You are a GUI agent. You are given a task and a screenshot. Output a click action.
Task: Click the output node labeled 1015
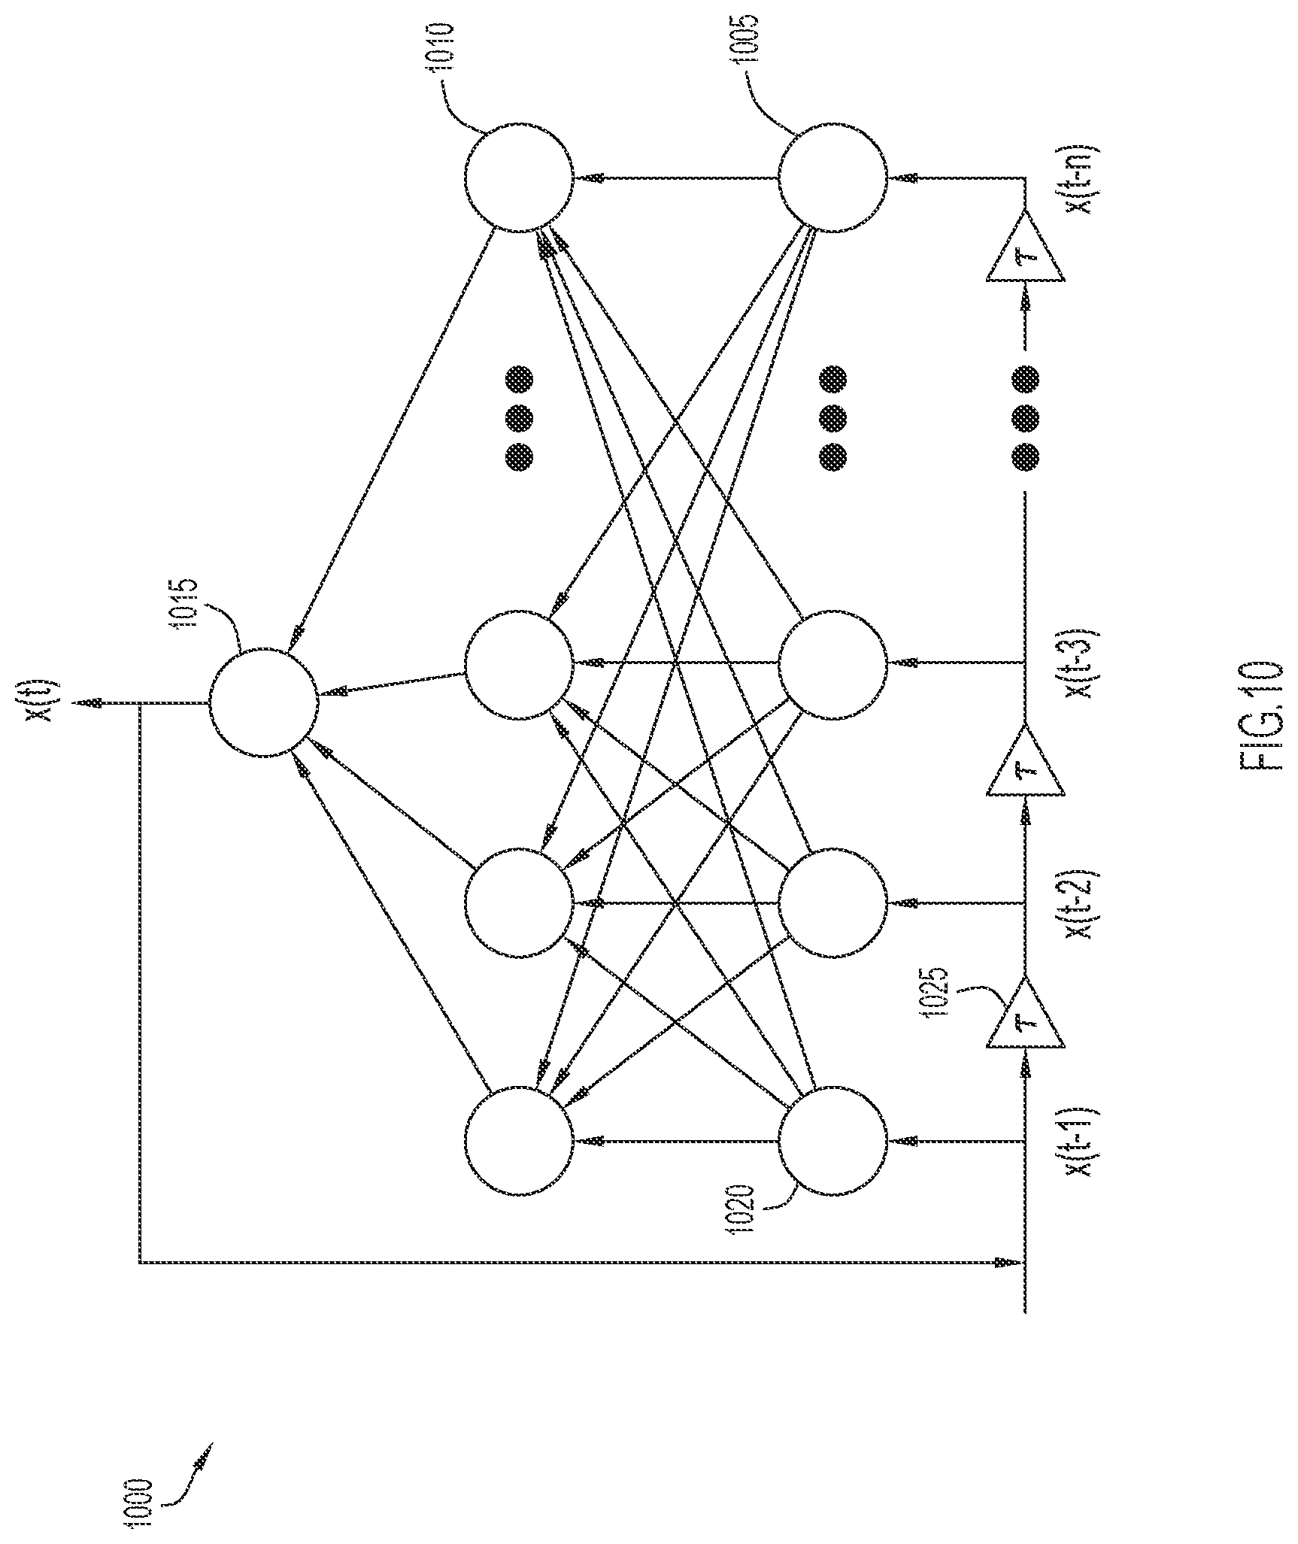click(x=263, y=703)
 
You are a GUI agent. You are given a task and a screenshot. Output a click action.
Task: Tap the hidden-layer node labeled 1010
click(x=519, y=178)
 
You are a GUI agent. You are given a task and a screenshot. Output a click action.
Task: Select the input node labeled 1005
click(x=832, y=178)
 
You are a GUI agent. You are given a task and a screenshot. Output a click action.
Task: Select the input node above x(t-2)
click(x=832, y=902)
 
